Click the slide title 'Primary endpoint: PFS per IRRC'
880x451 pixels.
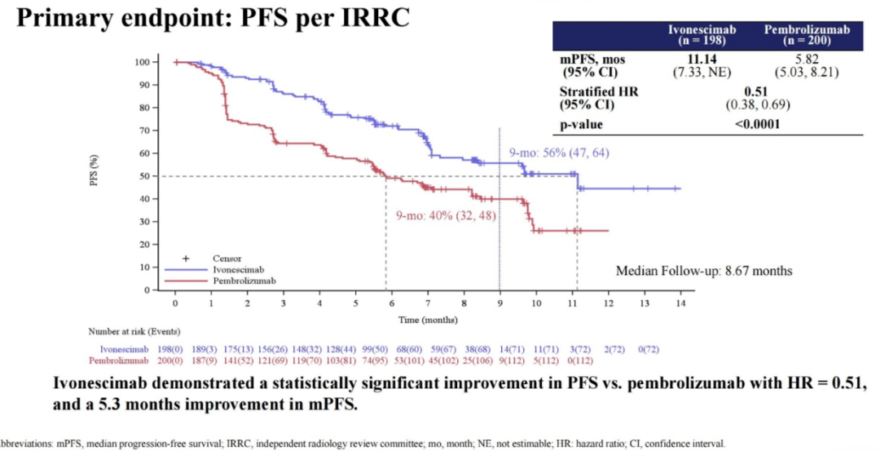coord(213,19)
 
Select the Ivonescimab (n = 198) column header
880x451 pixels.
coord(702,35)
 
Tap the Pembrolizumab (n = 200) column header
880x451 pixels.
coord(807,35)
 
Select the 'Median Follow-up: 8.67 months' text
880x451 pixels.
coord(704,271)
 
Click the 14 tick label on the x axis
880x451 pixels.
coord(680,303)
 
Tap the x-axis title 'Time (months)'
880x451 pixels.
coord(427,320)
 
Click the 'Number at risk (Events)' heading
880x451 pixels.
coord(134,332)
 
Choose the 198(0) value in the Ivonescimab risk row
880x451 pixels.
coord(175,349)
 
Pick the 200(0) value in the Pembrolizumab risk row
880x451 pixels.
coord(175,360)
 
